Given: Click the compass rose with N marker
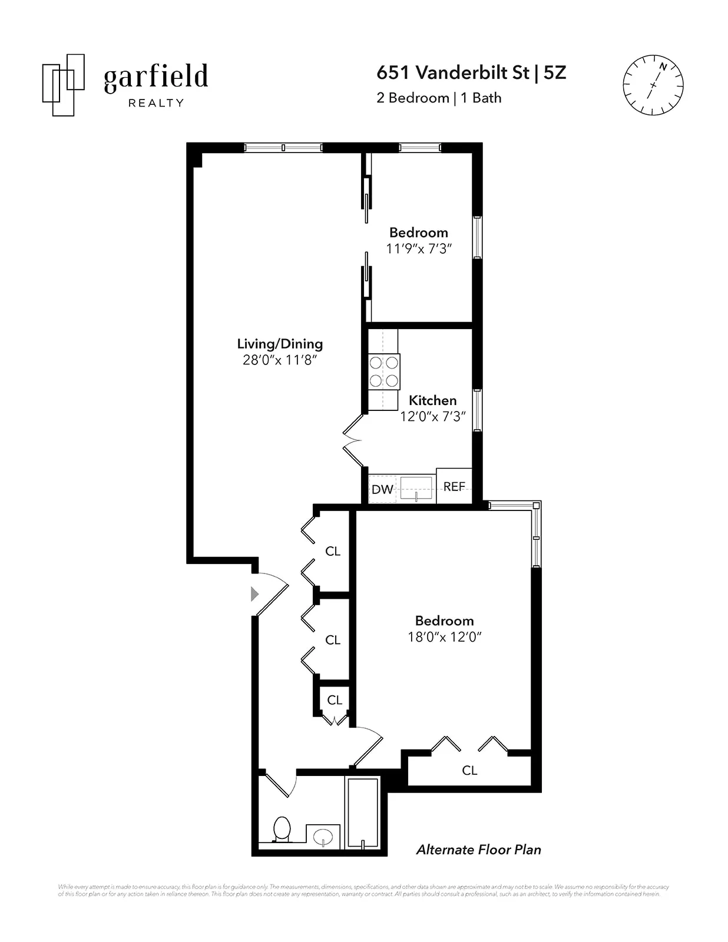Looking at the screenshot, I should [x=653, y=85].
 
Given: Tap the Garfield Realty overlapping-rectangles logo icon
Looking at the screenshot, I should [x=63, y=85].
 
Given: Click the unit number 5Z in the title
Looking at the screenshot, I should [x=554, y=72].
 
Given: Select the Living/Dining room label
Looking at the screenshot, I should [x=280, y=344].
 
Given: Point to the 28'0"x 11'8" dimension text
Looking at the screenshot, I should [x=280, y=360].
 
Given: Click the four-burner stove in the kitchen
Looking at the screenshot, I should [x=384, y=372].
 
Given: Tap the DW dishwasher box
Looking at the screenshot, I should [x=382, y=489].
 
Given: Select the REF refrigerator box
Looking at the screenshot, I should [x=454, y=486].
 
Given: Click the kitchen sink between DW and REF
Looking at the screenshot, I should [x=416, y=489].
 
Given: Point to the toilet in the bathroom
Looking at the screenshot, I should [x=282, y=829].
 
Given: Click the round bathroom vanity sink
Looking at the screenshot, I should [x=323, y=836].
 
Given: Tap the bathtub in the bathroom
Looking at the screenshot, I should [x=362, y=814].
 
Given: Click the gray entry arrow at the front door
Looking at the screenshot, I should [x=254, y=593].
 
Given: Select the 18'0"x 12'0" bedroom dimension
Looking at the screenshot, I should [x=445, y=636].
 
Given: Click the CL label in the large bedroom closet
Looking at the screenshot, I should [x=469, y=770].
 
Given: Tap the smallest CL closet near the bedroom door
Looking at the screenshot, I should [x=335, y=700].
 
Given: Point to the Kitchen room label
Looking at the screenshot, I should [x=433, y=400].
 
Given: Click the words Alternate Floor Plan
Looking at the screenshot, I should [x=478, y=850].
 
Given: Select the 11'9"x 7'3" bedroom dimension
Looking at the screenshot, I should [x=419, y=248].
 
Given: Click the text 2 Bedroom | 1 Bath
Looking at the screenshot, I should [x=439, y=98].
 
